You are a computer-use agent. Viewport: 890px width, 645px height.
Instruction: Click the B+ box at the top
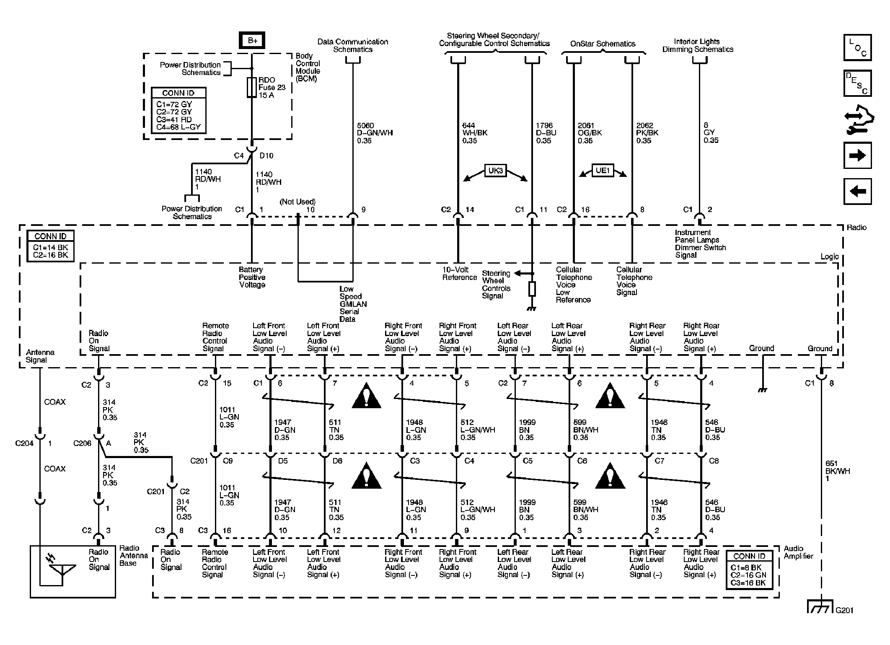point(252,40)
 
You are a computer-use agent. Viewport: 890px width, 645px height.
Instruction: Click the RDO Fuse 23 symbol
point(251,87)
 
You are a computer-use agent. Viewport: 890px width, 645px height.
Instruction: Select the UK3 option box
point(495,171)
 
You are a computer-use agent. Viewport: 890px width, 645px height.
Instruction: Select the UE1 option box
point(603,171)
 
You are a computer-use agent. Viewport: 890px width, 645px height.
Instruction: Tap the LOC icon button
point(857,47)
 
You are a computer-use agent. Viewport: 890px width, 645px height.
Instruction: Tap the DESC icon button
point(857,83)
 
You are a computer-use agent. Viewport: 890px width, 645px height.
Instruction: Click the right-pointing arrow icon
point(857,155)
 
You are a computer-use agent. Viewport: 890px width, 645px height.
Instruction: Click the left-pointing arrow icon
point(857,192)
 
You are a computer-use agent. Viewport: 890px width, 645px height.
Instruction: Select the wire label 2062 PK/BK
point(647,133)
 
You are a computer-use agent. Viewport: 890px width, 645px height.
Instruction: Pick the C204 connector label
point(24,443)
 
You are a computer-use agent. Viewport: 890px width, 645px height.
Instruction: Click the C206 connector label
point(82,443)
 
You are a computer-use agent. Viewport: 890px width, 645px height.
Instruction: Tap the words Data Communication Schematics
point(352,45)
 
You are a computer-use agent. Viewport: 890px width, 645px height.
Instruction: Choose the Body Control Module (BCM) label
point(308,67)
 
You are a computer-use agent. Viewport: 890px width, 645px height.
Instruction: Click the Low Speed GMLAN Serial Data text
point(353,304)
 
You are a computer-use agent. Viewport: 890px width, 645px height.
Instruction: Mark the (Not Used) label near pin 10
point(298,202)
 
